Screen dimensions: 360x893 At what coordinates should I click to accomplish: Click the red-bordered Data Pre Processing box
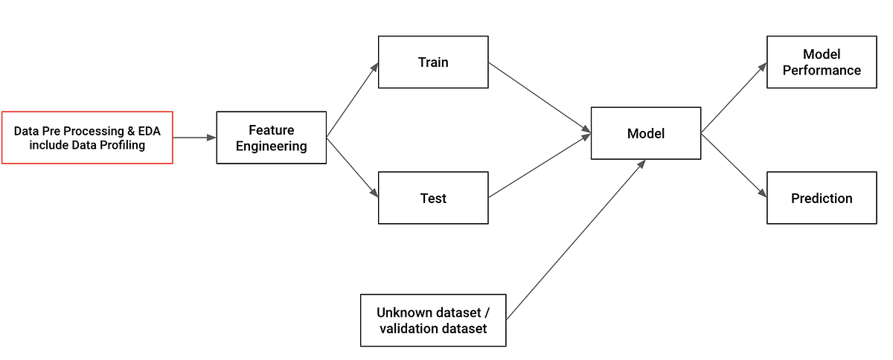click(87, 138)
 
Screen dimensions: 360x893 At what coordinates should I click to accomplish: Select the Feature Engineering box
click(271, 138)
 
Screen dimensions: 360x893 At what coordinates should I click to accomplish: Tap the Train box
click(433, 62)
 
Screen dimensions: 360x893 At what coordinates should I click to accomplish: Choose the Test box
click(433, 198)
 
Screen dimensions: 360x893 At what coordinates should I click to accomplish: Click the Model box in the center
click(645, 133)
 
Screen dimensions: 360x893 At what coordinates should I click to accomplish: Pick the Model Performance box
click(822, 62)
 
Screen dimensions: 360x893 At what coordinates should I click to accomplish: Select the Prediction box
click(822, 198)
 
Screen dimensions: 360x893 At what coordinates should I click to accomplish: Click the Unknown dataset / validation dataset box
click(432, 320)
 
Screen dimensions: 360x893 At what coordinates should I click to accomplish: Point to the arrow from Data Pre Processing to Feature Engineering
click(194, 138)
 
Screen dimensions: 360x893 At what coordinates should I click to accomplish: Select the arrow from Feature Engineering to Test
click(352, 167)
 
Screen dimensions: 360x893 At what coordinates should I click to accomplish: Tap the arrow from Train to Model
click(540, 97)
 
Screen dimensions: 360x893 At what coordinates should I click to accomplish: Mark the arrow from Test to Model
click(540, 166)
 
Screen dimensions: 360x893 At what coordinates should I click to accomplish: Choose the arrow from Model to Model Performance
click(733, 98)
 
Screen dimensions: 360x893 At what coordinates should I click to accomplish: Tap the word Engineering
click(271, 147)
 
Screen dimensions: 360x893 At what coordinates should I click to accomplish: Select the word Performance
click(822, 71)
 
